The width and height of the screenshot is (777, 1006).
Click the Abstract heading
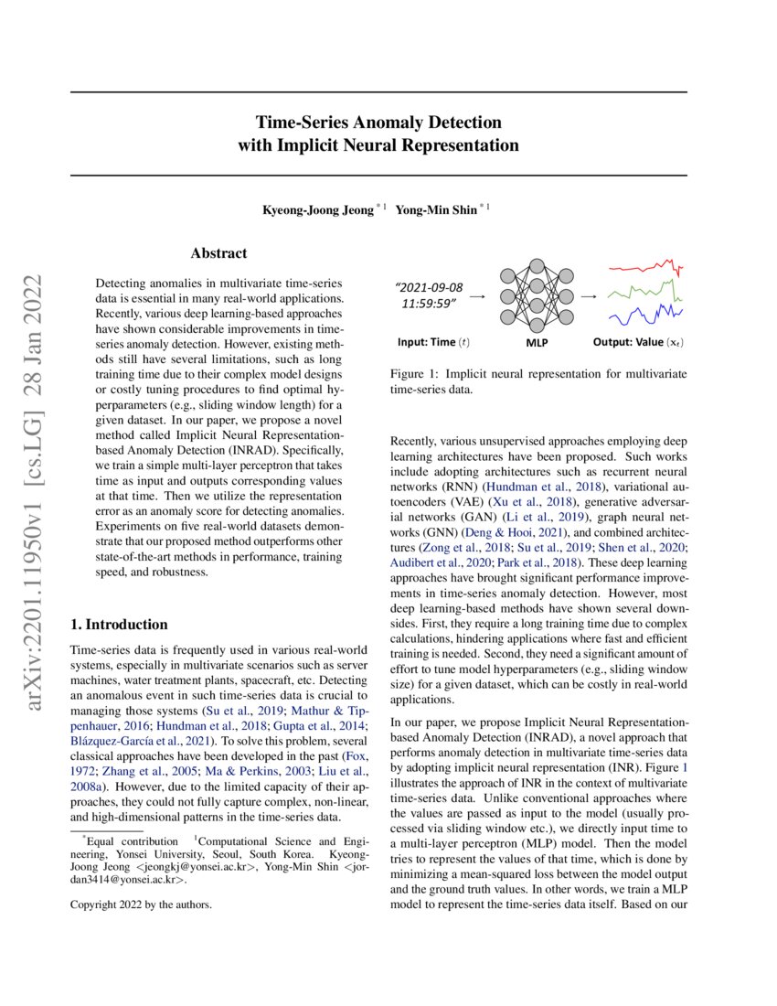click(x=218, y=253)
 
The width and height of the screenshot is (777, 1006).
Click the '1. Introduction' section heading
click(x=119, y=625)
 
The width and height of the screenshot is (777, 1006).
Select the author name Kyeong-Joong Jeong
click(x=318, y=209)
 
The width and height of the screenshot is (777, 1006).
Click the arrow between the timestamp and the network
click(x=476, y=296)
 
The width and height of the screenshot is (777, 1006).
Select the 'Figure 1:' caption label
click(x=415, y=374)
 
